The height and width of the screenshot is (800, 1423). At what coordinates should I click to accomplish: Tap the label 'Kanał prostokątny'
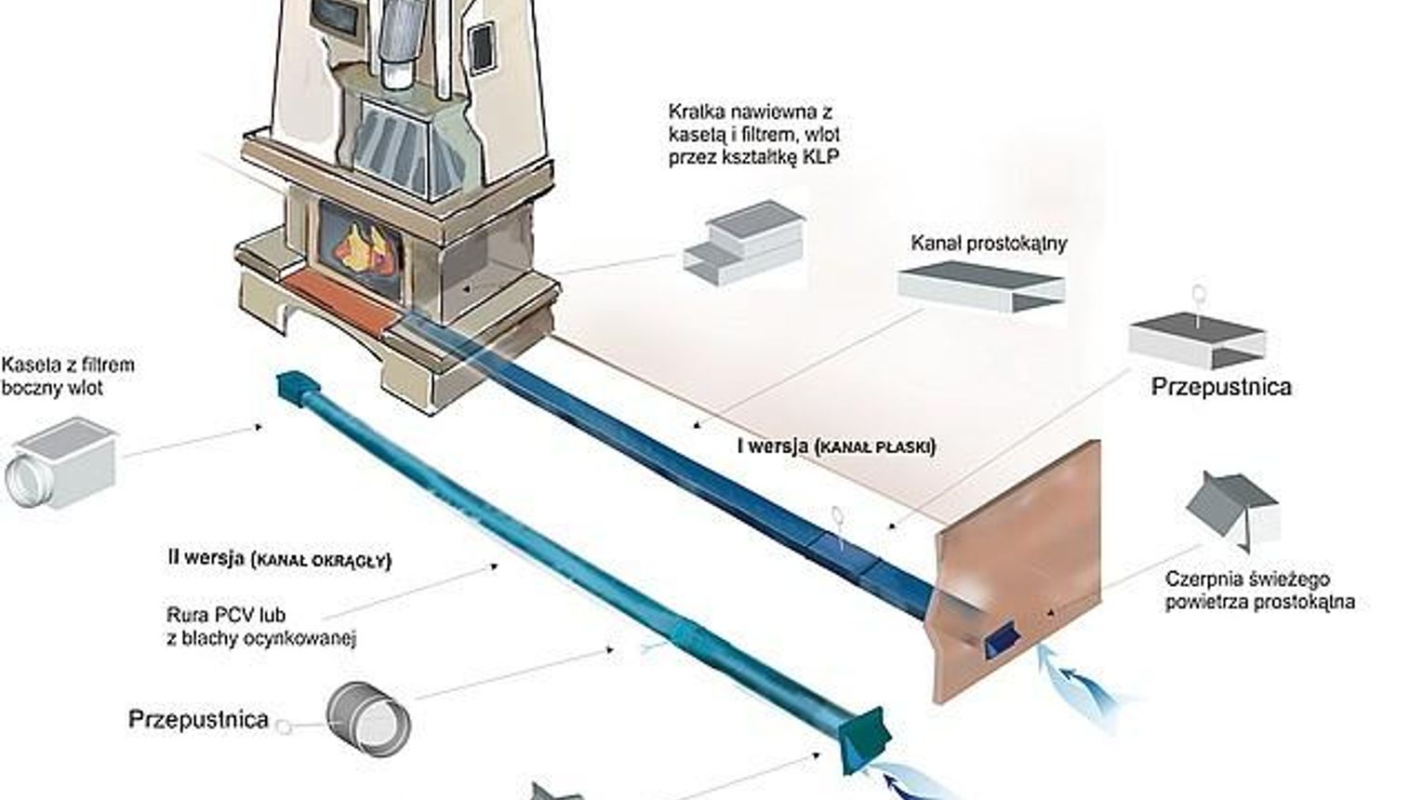[989, 244]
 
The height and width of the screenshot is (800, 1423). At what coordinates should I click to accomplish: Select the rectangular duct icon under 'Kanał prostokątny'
[981, 287]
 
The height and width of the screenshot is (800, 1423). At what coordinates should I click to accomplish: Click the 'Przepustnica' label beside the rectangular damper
[1221, 387]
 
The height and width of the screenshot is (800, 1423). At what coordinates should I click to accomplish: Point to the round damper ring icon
[369, 719]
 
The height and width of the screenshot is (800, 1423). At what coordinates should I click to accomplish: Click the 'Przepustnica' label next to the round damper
[198, 719]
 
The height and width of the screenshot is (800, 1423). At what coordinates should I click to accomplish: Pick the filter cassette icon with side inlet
[62, 463]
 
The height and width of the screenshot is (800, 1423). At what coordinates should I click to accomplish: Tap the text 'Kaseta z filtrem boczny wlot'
[67, 376]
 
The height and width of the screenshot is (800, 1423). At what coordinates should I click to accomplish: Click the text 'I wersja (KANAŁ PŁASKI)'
[836, 447]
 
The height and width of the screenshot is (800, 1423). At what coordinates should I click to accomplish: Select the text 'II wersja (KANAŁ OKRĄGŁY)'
[280, 559]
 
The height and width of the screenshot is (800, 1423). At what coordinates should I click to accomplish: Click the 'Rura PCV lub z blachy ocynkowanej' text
[261, 626]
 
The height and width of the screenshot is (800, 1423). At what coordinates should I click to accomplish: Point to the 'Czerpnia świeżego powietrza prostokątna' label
[1259, 591]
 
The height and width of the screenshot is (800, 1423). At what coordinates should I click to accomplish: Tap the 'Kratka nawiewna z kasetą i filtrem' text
[753, 135]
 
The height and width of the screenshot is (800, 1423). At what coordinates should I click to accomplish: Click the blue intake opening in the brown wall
[1001, 639]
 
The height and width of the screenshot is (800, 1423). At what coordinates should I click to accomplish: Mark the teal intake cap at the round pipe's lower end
[865, 740]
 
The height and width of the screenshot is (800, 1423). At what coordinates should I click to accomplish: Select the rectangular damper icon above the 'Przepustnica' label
[1197, 340]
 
